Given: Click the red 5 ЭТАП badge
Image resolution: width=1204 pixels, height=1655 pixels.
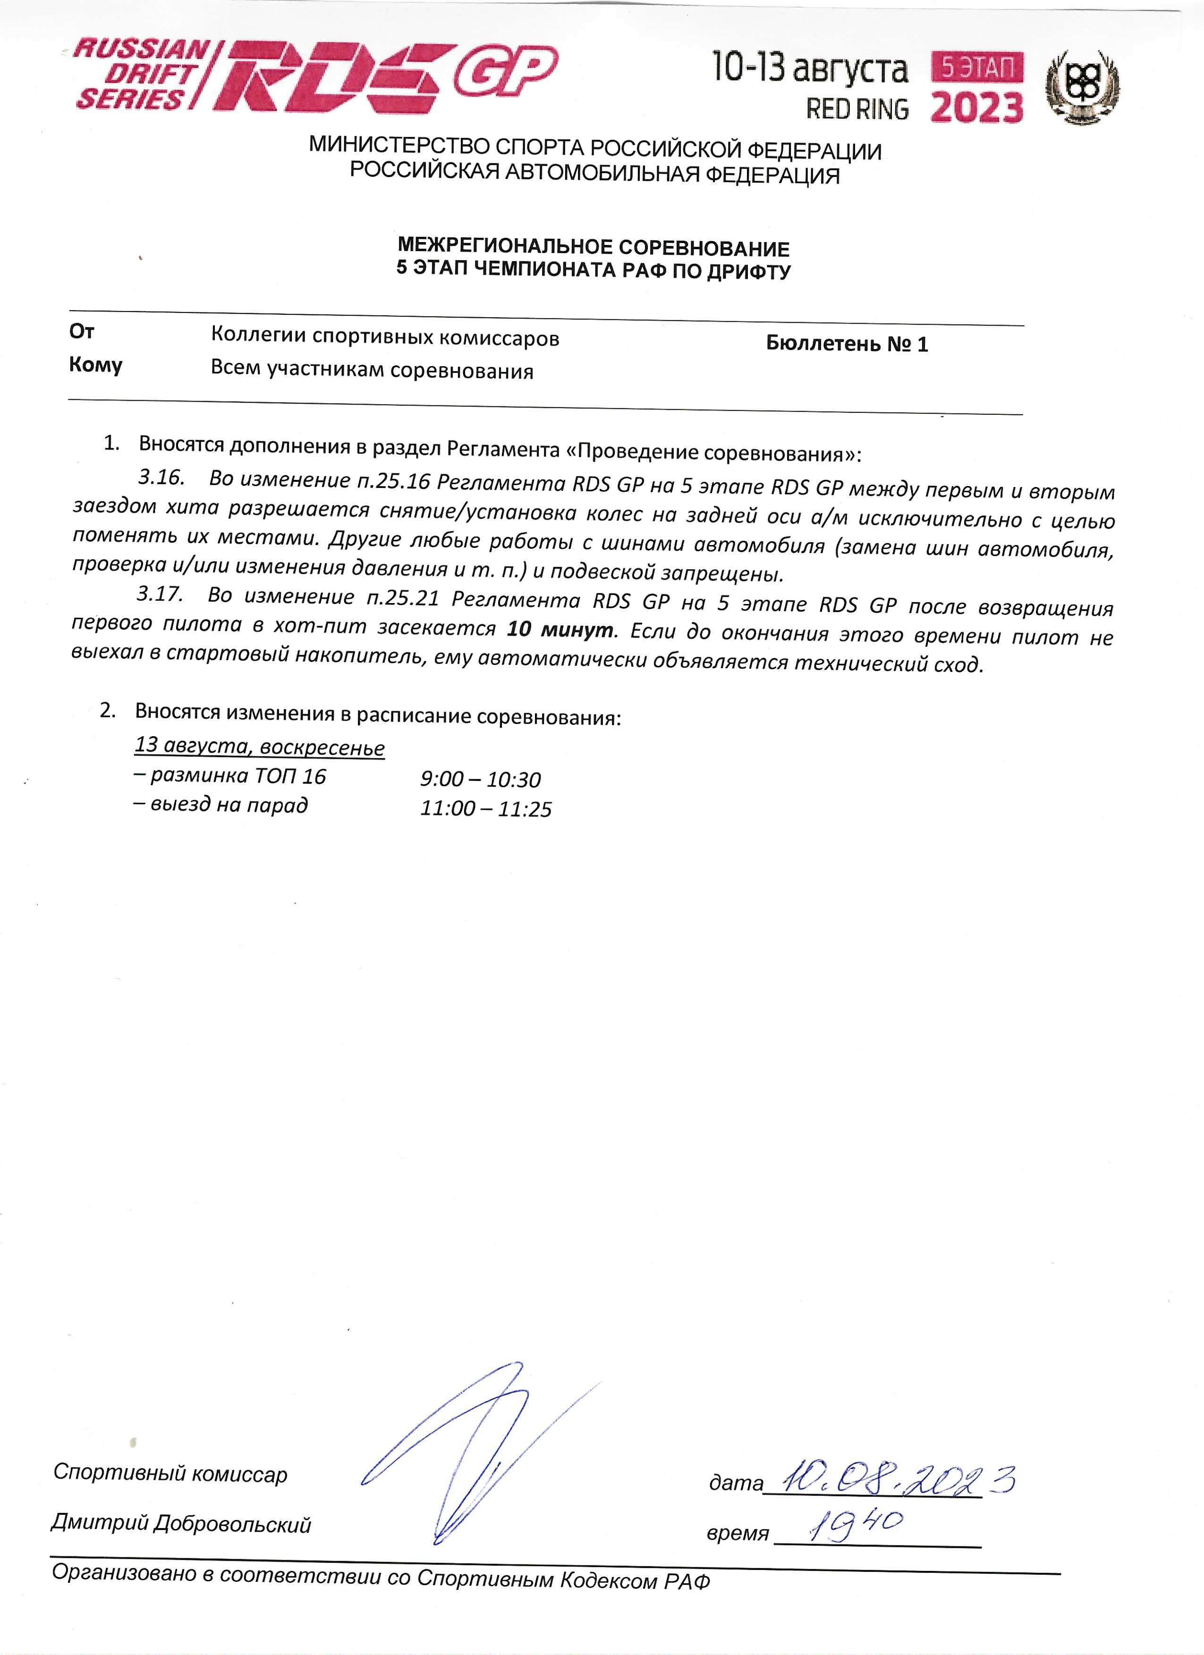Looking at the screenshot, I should point(977,68).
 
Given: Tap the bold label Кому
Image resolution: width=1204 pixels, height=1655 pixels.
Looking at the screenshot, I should point(96,365).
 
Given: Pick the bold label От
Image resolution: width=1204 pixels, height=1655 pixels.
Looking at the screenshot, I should point(82,332).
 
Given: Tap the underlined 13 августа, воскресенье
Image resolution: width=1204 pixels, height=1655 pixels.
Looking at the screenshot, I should point(259,747).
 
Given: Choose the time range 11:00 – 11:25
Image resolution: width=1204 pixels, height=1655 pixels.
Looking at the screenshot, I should point(485,808).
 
